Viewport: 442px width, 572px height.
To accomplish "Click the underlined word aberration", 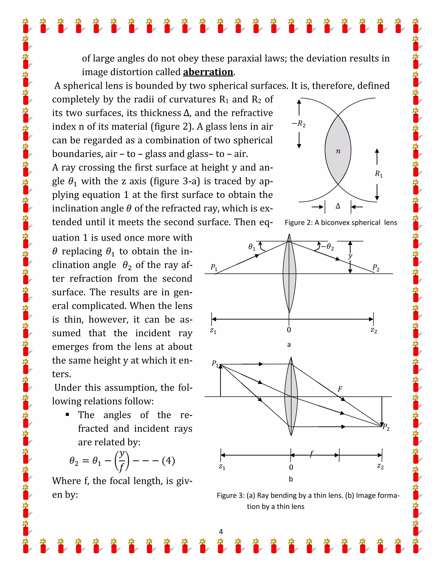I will [208, 72].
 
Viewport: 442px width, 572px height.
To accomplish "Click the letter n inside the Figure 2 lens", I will [338, 151].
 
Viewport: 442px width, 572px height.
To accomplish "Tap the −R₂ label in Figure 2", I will [299, 124].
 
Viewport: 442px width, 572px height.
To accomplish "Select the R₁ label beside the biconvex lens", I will [379, 174].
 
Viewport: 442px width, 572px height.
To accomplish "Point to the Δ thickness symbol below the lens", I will [338, 206].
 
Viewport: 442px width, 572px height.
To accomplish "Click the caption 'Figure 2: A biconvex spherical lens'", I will [341, 223].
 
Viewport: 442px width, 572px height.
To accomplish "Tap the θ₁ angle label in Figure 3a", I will [251, 247].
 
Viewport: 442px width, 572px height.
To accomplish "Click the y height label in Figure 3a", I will [350, 256].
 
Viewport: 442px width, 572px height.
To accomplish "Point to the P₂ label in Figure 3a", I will [376, 268].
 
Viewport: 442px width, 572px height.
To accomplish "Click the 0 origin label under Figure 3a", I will [289, 330].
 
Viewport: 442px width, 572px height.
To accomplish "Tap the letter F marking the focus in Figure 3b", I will [340, 389].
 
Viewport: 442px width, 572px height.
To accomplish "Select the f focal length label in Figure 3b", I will [311, 454].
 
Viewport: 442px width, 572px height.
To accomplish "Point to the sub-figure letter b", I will [291, 479].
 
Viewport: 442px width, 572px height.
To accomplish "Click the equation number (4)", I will [168, 460].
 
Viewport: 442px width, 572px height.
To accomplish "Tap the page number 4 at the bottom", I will [221, 532].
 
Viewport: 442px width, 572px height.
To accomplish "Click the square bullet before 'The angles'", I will [68, 414].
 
